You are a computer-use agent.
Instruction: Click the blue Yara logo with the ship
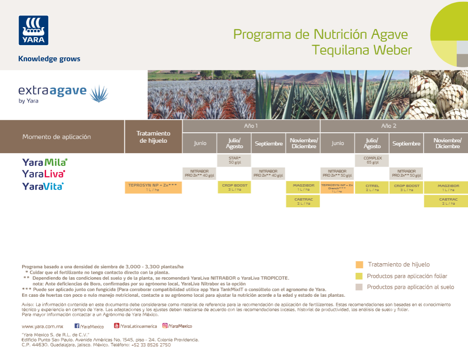[33, 30]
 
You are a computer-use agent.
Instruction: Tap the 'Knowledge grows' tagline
[49, 59]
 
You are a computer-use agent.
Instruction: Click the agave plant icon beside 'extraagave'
[99, 94]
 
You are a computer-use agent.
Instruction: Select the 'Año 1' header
[251, 126]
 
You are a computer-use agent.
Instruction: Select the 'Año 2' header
[389, 126]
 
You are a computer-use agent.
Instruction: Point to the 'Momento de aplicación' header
[56, 137]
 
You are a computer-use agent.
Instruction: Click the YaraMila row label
[44, 162]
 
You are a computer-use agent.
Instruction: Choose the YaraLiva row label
[43, 173]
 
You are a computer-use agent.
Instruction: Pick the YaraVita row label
[43, 186]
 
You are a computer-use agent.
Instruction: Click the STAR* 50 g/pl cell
[234, 160]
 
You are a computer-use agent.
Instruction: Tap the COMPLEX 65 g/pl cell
[372, 160]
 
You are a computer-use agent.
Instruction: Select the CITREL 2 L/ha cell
[372, 187]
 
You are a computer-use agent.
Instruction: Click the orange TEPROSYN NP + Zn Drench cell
[337, 187]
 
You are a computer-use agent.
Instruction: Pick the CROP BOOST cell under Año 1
[234, 187]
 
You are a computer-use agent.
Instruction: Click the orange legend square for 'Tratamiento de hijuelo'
[359, 265]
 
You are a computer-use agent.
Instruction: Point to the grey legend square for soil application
[359, 287]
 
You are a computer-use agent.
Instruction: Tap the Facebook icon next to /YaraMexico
[77, 326]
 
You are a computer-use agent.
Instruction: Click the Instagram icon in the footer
[165, 326]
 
